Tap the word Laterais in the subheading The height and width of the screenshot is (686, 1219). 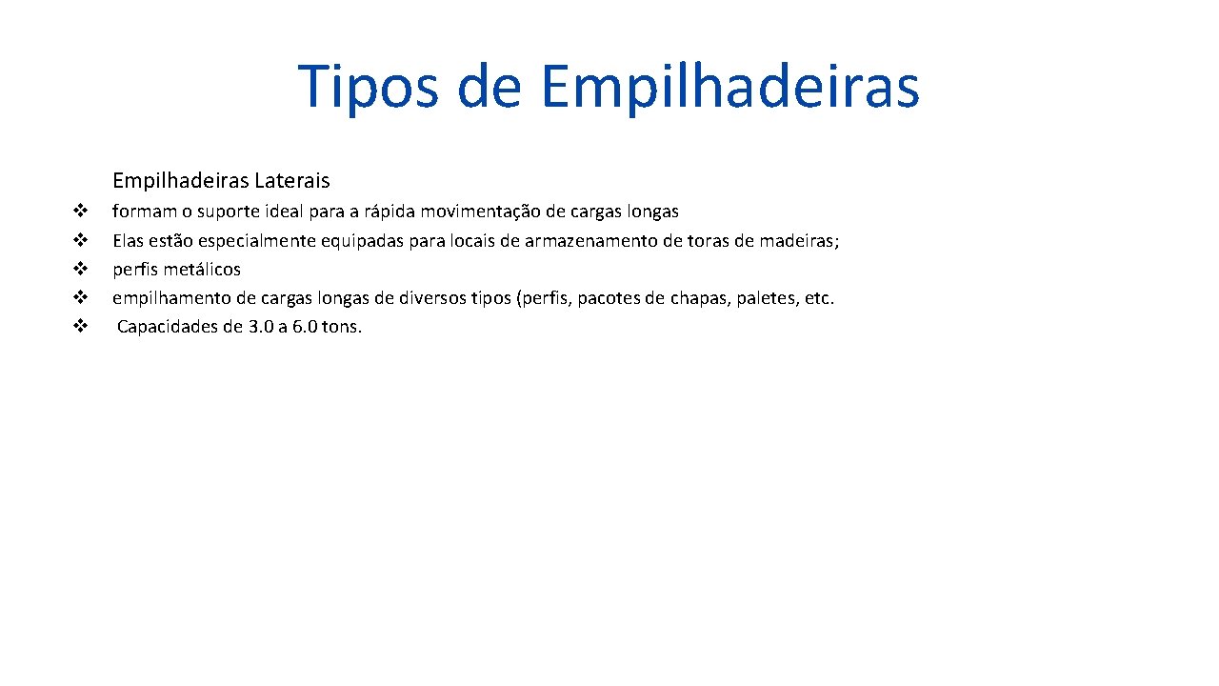tap(291, 180)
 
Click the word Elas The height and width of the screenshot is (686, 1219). tap(129, 240)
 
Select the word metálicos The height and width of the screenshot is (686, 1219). tap(202, 270)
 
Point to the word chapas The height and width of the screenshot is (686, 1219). tap(699, 298)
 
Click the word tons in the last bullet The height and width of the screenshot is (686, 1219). tap(342, 328)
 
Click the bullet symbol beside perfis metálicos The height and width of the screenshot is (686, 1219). tap(81, 269)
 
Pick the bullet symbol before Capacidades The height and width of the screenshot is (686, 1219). tap(81, 327)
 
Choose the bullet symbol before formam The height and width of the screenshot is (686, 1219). tap(81, 210)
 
